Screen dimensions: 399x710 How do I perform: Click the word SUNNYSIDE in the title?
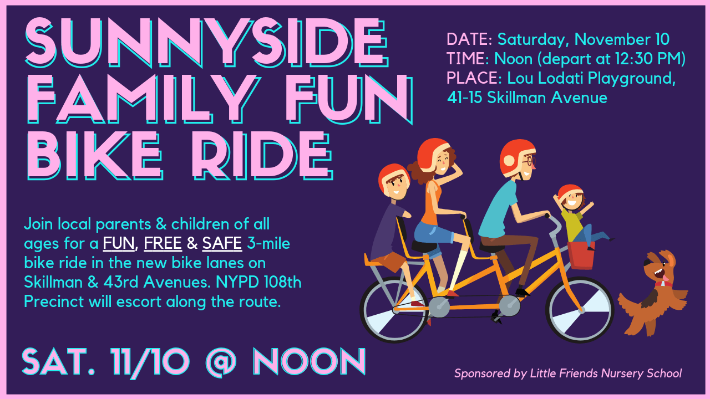205,43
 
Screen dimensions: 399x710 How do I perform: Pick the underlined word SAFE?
222,243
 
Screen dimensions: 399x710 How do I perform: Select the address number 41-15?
465,98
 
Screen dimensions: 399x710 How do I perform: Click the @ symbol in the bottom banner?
221,361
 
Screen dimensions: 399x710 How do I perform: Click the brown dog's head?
657,267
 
